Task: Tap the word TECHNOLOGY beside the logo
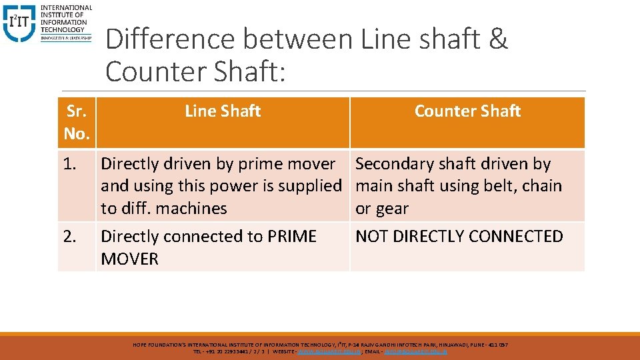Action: click(x=63, y=29)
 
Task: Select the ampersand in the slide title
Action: click(x=498, y=40)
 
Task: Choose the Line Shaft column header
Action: click(x=223, y=111)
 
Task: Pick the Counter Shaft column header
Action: click(x=467, y=111)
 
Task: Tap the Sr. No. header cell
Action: click(x=77, y=123)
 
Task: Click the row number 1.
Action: click(x=71, y=164)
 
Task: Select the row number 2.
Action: click(x=71, y=237)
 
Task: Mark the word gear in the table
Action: click(x=391, y=209)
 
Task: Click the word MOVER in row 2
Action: click(x=130, y=259)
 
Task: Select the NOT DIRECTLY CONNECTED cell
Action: click(x=459, y=237)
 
